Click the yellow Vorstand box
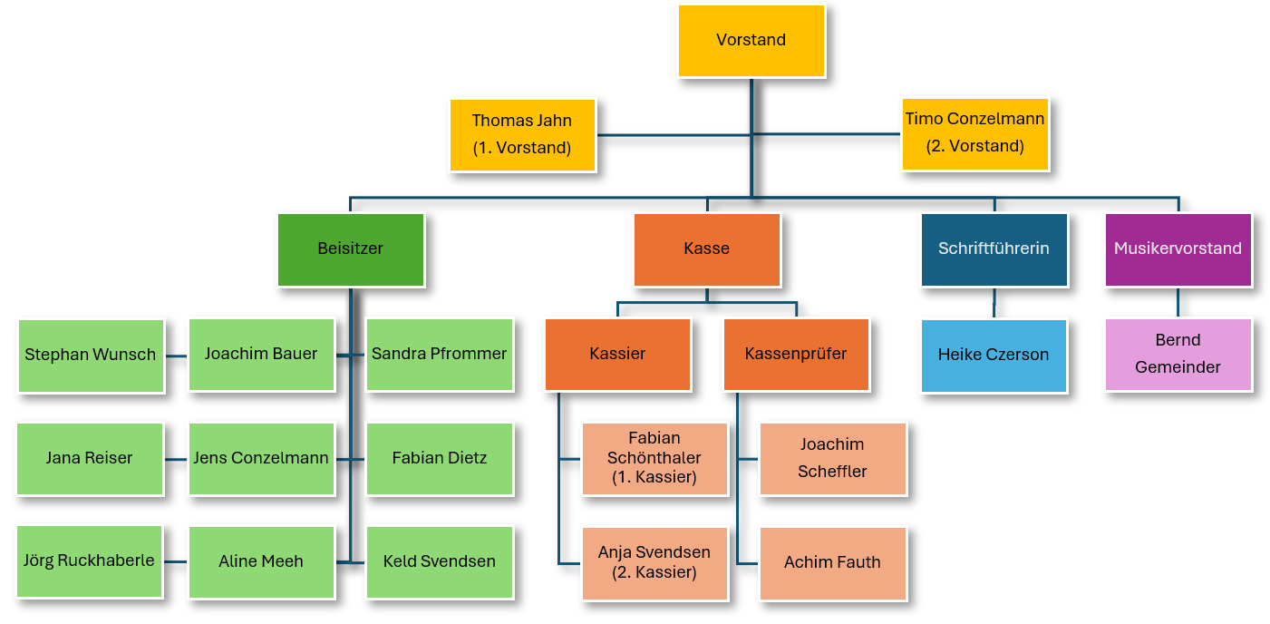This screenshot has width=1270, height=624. (x=751, y=41)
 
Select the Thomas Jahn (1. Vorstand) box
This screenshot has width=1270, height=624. (x=522, y=134)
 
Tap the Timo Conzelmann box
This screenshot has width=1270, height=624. (x=974, y=133)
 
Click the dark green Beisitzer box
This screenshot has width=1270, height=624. (x=350, y=249)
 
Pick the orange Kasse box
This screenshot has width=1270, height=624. (x=706, y=249)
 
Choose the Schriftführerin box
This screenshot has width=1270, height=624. (x=994, y=249)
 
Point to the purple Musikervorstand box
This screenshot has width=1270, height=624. (x=1178, y=249)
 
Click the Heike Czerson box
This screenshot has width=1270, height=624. (x=994, y=355)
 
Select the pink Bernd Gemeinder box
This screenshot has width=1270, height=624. (x=1178, y=354)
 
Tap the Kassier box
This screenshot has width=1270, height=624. (x=617, y=354)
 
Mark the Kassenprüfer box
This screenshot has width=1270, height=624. (x=796, y=354)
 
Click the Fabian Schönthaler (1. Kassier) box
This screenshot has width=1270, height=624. (x=654, y=459)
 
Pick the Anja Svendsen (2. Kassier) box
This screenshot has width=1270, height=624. (x=654, y=562)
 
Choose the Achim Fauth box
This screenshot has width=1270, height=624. (x=832, y=562)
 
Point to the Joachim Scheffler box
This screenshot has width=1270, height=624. (x=832, y=459)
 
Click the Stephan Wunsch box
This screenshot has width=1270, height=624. (x=91, y=355)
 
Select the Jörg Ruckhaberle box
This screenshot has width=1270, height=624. (x=89, y=561)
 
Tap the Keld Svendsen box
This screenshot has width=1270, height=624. (x=440, y=561)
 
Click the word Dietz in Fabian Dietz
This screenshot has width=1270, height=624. (x=466, y=458)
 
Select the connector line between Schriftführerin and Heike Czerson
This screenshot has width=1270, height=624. (x=994, y=303)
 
